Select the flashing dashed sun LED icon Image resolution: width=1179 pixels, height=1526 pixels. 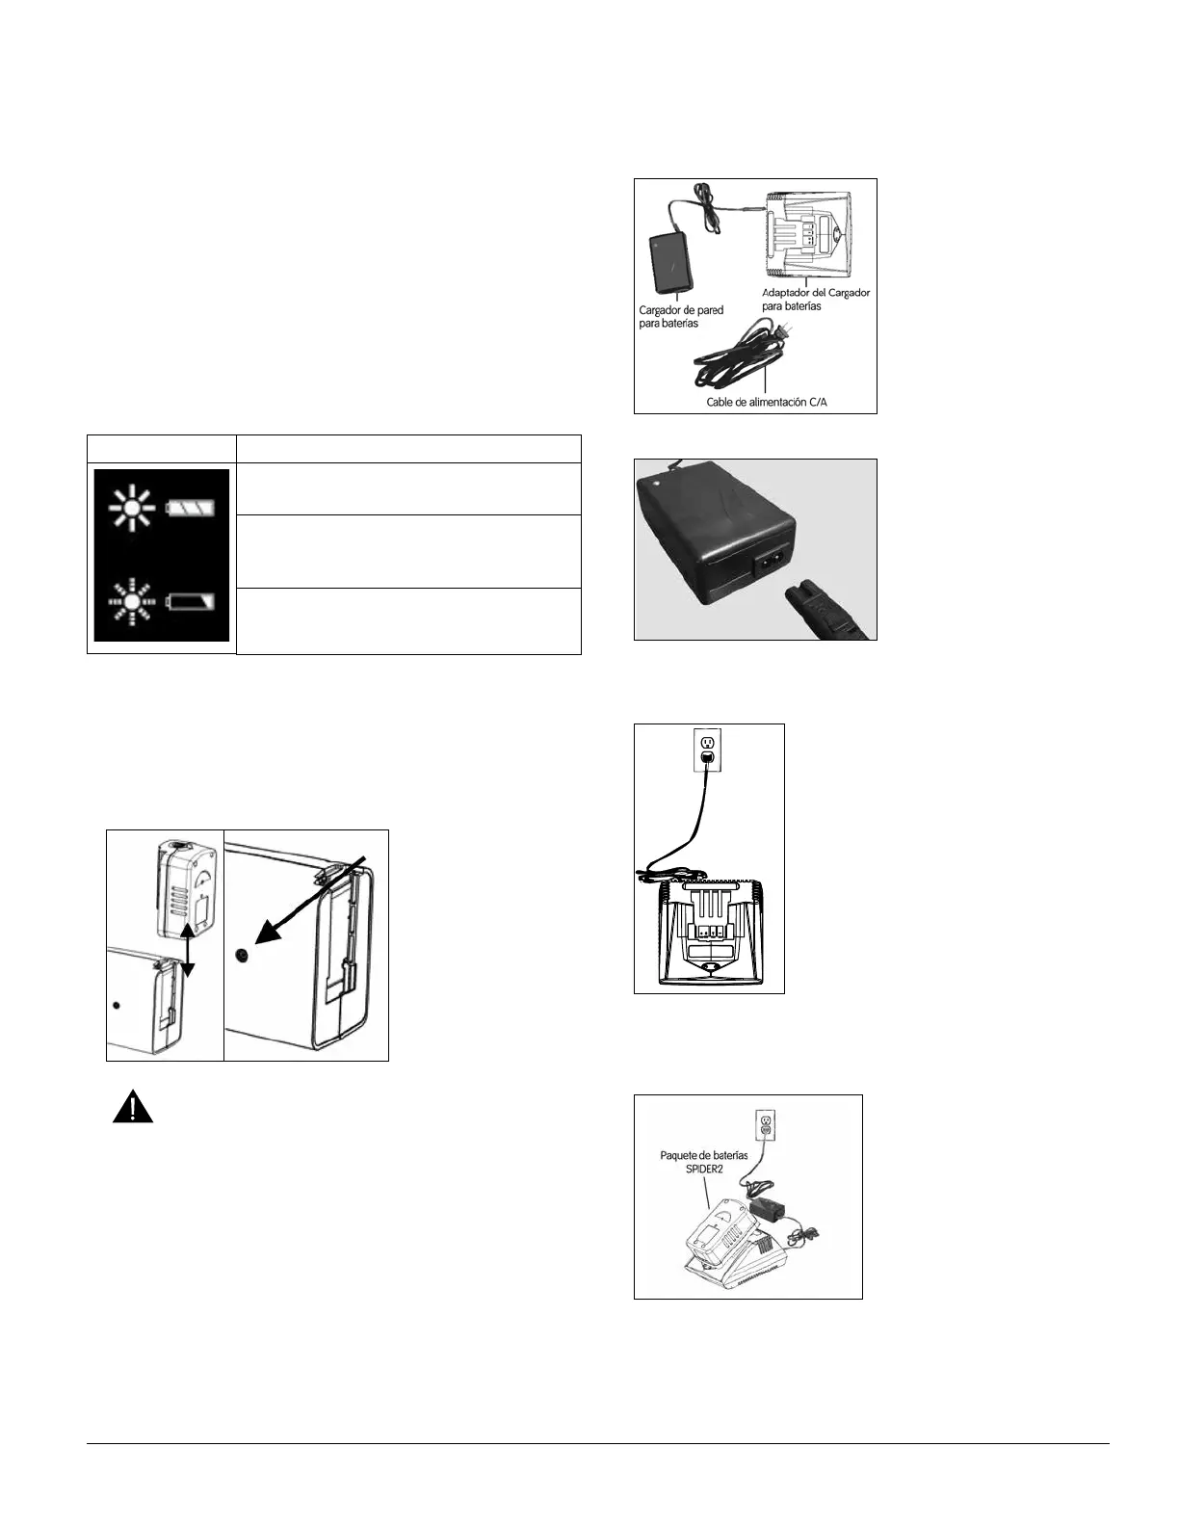point(128,604)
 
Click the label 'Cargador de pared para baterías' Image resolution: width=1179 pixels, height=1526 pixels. point(681,317)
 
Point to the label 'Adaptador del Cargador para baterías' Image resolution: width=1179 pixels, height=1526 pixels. point(815,299)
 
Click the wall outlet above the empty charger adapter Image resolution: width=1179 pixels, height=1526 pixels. point(707,749)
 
